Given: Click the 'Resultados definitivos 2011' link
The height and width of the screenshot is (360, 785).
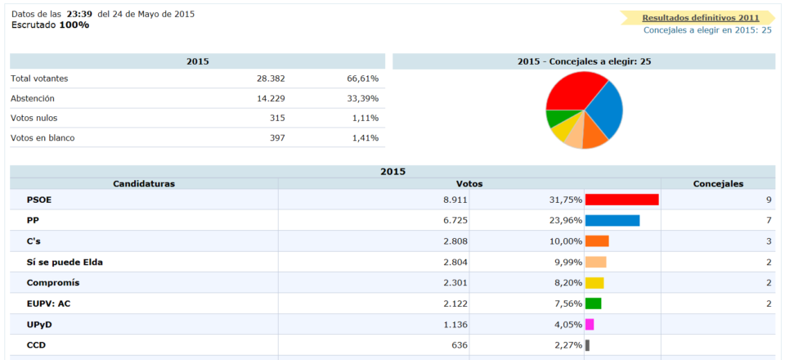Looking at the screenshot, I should [x=701, y=17].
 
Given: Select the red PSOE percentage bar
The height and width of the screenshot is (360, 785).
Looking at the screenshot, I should [x=621, y=200].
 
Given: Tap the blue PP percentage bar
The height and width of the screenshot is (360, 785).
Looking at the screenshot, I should [x=612, y=220].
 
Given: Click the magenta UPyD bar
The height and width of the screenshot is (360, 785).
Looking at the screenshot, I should [x=590, y=324].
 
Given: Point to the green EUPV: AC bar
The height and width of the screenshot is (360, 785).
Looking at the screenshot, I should [x=593, y=304].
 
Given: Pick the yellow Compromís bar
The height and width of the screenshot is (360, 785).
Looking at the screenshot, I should [x=594, y=283].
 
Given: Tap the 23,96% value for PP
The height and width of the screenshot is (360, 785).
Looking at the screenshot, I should [x=566, y=220].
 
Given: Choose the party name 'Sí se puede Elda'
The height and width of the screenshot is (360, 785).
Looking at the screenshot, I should [x=65, y=262].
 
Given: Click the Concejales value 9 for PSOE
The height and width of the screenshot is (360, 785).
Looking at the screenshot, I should [x=769, y=200].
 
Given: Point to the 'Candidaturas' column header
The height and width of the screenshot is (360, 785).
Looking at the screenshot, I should [x=144, y=183].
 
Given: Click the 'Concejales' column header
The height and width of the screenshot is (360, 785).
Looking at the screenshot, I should [x=718, y=183].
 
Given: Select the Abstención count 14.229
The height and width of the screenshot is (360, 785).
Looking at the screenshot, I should [x=270, y=98].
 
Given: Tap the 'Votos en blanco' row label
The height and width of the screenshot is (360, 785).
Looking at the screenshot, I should [x=43, y=137].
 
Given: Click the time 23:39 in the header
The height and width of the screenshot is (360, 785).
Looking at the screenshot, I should [x=79, y=14].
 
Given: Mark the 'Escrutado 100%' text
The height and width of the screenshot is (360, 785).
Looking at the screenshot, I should [x=50, y=25].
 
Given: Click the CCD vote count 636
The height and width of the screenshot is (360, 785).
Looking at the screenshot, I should [x=459, y=345].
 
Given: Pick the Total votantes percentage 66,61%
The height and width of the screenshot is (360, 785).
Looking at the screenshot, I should [x=362, y=79].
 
